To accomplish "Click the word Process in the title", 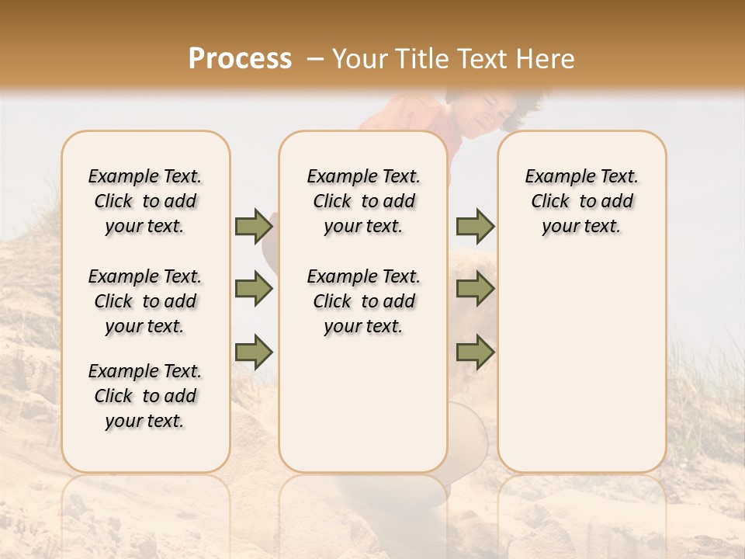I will click(x=240, y=59).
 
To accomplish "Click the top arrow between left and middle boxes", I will click(x=254, y=227).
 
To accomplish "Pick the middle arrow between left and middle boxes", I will click(x=254, y=290).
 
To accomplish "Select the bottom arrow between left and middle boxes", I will click(x=254, y=352).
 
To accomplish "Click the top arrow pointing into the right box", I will click(x=475, y=227).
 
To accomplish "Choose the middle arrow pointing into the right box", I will click(x=475, y=290).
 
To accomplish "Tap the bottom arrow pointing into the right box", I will click(x=475, y=352).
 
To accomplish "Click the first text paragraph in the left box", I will click(x=145, y=201).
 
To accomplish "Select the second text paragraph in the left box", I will click(x=145, y=301).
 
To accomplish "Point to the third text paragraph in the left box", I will click(x=145, y=396).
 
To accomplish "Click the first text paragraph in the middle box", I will click(x=364, y=201).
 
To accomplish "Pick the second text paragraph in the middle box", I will click(x=364, y=301).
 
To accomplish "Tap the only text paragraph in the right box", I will click(x=582, y=201).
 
